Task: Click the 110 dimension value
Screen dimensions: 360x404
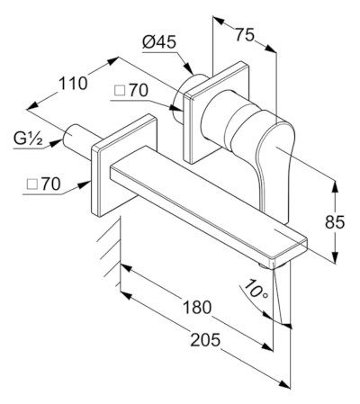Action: (x=73, y=84)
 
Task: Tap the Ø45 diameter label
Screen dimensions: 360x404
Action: (x=159, y=42)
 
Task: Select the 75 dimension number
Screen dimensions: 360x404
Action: (x=245, y=34)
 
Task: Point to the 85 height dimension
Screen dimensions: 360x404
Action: (x=335, y=222)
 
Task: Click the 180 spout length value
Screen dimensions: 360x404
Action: (x=197, y=307)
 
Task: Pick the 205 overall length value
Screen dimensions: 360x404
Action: (x=205, y=340)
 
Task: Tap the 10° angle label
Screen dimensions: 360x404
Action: (x=256, y=289)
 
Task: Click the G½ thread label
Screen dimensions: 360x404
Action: (x=28, y=139)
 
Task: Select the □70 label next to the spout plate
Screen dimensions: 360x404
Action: (x=43, y=184)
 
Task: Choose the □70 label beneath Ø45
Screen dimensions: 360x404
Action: (x=131, y=90)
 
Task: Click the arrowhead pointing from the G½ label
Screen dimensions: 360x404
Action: (x=55, y=142)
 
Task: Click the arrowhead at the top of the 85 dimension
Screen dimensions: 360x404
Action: (x=335, y=186)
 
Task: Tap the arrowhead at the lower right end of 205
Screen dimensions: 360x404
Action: (x=285, y=384)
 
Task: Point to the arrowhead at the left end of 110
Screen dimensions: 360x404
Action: (x=32, y=106)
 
